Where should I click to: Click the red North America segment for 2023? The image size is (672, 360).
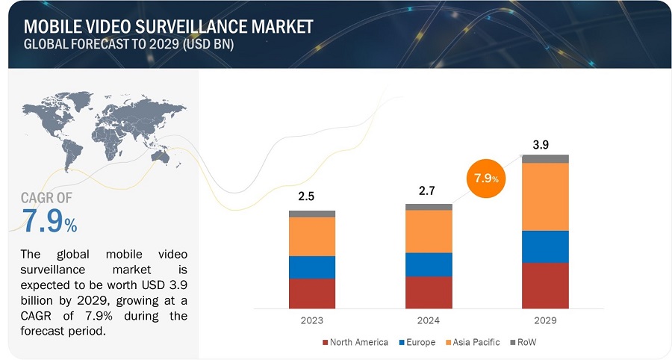(312, 293)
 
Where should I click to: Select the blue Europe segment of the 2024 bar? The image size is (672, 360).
(429, 264)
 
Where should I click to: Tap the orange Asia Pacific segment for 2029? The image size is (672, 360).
(545, 196)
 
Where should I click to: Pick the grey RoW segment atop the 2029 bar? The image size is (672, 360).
(545, 158)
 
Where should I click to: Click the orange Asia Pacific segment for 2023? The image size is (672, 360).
(312, 236)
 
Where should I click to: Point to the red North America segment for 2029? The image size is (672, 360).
(545, 285)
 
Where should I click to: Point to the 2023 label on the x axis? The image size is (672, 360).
(312, 320)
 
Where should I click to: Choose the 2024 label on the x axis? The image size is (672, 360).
(429, 320)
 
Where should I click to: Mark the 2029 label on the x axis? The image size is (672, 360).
(545, 320)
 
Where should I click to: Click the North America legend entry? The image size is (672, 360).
(355, 342)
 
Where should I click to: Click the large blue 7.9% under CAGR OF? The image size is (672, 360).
(49, 221)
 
